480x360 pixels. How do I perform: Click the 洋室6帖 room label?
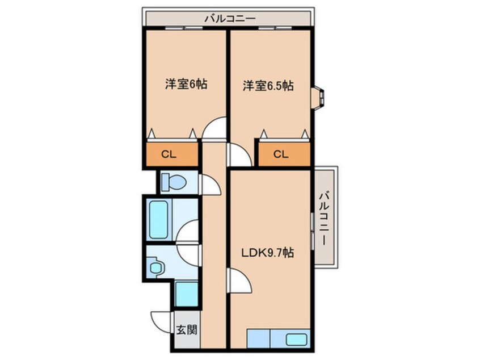pos(186,84)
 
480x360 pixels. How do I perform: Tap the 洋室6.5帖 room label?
pos(268,86)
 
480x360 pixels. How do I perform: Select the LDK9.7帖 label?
pos(268,253)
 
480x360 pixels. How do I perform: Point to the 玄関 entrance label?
pos(187,330)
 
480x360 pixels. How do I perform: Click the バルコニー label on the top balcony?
pos(230,19)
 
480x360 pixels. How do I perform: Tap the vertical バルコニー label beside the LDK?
pos(324,218)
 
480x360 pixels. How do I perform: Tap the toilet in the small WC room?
pos(174,182)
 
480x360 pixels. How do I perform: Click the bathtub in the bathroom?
pos(158,219)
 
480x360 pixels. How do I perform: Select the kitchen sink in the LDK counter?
pos(296,339)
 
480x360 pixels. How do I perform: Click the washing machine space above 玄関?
pos(187,294)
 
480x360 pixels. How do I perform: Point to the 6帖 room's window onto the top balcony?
pos(184,28)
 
